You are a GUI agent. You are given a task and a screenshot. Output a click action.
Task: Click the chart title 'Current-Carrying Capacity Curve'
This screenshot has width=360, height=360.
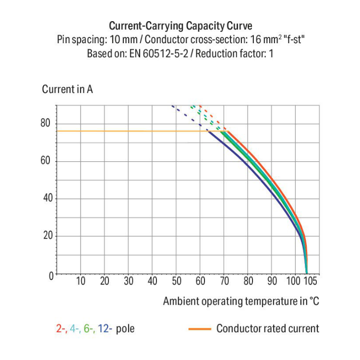(180, 26)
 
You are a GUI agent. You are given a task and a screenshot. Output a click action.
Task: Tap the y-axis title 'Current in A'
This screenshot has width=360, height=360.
(67, 89)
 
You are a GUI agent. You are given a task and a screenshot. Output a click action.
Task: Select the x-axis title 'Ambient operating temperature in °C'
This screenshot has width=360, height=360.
(240, 301)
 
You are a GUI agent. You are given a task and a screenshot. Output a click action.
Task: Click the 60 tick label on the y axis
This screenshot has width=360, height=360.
(46, 161)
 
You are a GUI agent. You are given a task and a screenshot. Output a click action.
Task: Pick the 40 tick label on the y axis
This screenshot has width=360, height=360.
(46, 198)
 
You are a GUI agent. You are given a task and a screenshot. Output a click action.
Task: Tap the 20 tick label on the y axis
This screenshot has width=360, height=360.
(46, 236)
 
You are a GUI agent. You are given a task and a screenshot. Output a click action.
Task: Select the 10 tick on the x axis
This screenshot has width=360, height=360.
(81, 281)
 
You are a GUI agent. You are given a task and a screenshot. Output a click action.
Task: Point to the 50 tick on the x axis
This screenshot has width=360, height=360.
(176, 281)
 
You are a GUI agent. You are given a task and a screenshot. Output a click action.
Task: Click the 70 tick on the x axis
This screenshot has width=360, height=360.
(224, 281)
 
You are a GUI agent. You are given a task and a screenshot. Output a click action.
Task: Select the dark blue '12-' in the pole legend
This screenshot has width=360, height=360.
(106, 329)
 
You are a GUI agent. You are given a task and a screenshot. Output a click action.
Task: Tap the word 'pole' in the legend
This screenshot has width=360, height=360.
(125, 329)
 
